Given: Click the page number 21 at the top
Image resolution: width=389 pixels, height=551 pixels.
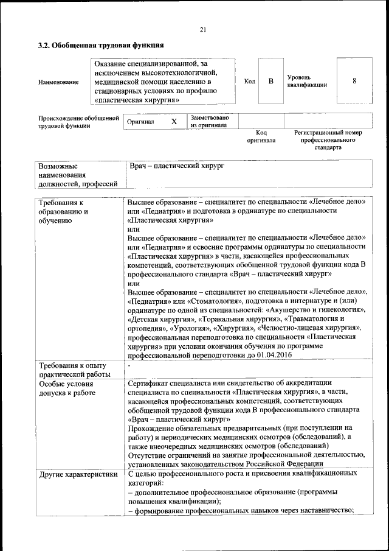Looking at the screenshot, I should [x=203, y=30].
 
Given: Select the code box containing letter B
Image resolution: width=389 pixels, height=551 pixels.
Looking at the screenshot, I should [x=271, y=81].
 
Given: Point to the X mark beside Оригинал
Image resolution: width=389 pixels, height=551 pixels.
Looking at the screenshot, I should [x=174, y=122].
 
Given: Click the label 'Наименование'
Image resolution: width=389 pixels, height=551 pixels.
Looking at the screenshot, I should [x=58, y=82].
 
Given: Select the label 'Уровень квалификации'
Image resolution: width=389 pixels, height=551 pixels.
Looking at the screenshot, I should [x=307, y=82].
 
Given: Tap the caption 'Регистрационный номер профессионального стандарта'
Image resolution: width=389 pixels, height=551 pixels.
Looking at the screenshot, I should [x=328, y=139].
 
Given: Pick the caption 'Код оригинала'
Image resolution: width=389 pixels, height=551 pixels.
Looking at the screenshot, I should [x=261, y=136].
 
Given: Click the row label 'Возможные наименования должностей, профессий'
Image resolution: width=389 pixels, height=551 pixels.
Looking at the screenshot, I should [x=78, y=175].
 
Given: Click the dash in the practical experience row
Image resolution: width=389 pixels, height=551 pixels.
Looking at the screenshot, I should [x=130, y=366].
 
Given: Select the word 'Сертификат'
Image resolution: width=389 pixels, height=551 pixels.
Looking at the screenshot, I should [x=151, y=383].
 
